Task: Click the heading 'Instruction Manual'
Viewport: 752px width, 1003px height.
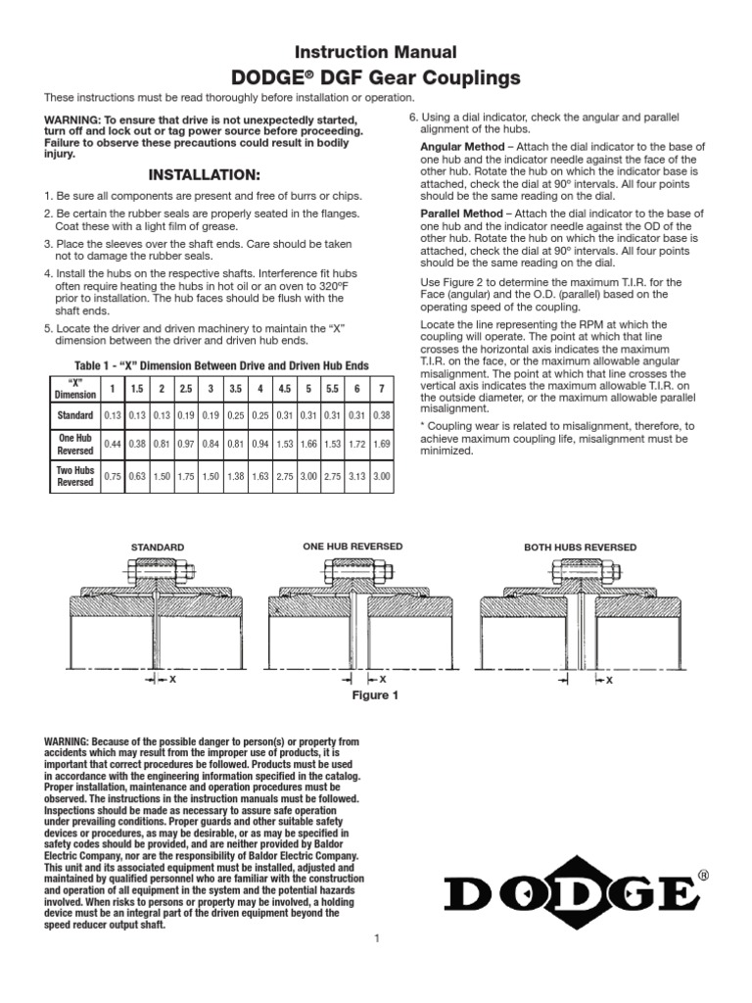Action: pos(376,52)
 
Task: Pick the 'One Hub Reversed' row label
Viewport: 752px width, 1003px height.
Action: pos(74,446)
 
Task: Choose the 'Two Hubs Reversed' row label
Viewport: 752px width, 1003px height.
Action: pos(74,475)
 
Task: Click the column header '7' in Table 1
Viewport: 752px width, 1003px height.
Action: pos(382,389)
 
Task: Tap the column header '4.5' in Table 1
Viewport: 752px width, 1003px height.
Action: pos(284,389)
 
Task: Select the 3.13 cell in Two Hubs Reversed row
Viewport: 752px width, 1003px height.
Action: pos(357,476)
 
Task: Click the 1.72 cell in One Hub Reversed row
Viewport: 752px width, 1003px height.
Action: pos(357,446)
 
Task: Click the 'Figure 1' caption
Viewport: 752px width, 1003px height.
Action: pos(376,695)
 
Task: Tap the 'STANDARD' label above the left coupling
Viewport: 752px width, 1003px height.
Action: pos(158,548)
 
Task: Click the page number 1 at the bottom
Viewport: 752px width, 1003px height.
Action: pos(376,966)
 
